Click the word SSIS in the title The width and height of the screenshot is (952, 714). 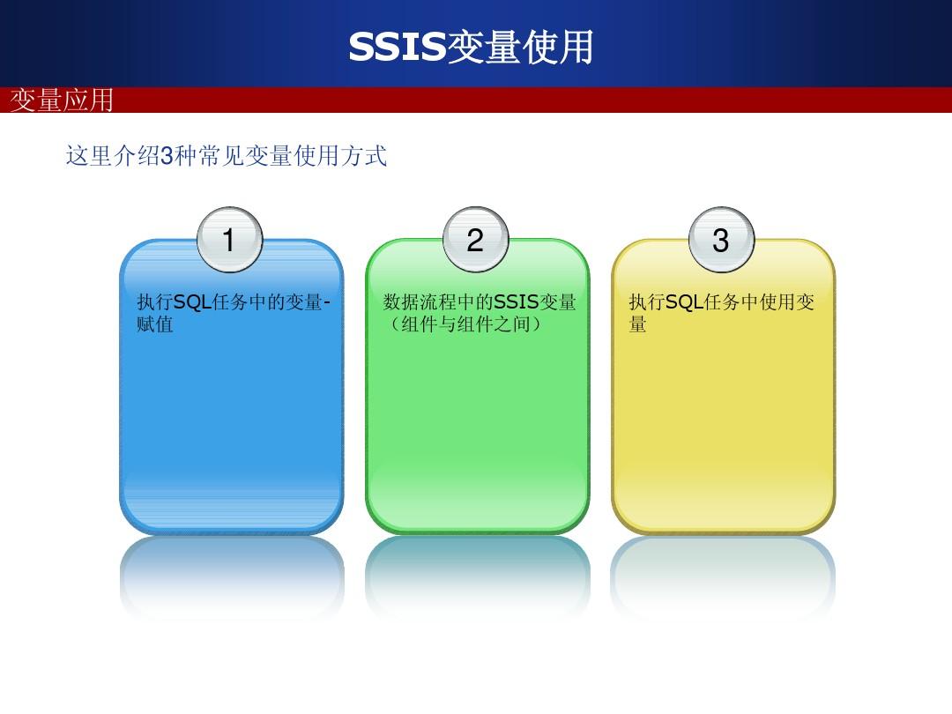coord(397,47)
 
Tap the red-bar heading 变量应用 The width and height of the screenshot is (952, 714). coord(62,100)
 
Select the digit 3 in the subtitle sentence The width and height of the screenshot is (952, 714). coord(167,156)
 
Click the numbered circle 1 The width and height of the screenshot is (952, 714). coord(229,239)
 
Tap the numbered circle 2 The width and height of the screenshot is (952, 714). coord(475,239)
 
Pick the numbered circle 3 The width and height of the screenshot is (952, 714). coord(721,239)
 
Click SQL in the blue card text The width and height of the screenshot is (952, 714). coord(192,301)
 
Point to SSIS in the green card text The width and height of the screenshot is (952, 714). coord(516,301)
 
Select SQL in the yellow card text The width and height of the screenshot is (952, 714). coord(684,301)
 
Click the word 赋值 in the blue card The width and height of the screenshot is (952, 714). coord(155,324)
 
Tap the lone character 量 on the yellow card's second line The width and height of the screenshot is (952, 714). coord(637,324)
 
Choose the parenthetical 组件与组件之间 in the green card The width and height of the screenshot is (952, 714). coord(465,324)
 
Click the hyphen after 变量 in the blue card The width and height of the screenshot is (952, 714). coord(327,302)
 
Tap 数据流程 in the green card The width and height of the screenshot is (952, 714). coord(420,301)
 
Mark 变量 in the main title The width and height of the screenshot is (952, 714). coord(484,47)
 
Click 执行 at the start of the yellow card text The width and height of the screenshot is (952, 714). coord(647,301)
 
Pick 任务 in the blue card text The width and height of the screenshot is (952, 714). coord(230,301)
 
